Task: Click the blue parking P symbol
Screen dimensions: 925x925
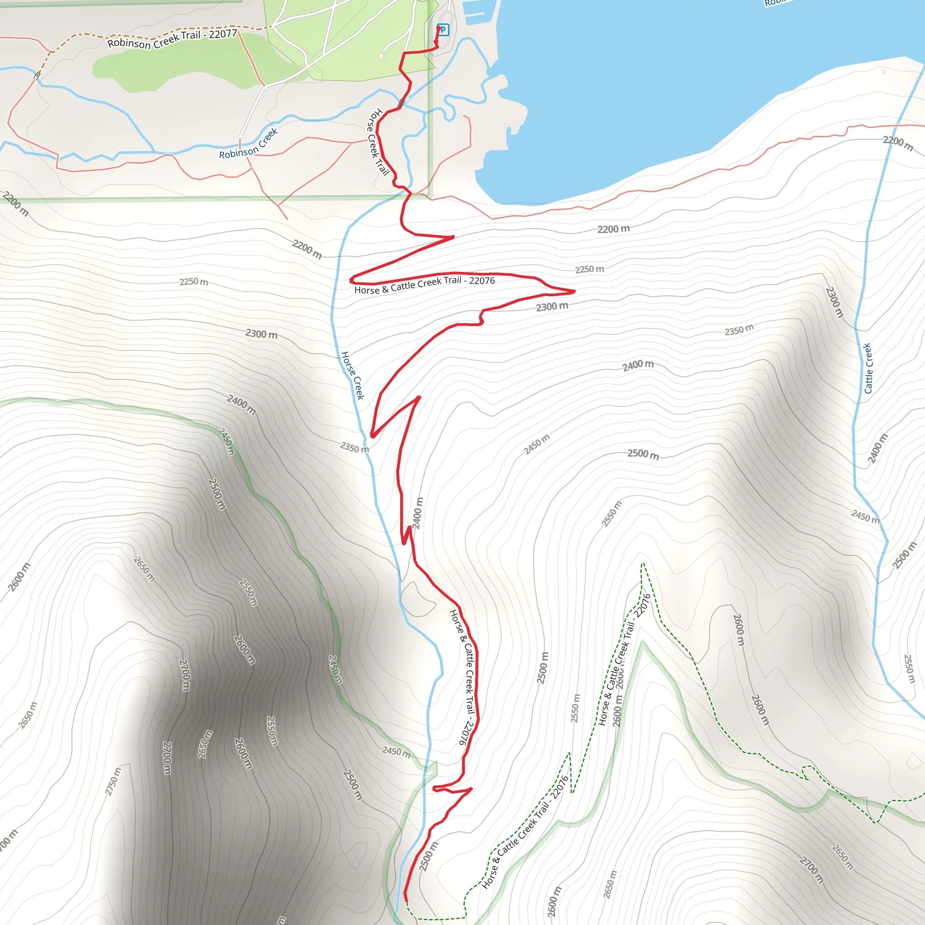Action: [444, 30]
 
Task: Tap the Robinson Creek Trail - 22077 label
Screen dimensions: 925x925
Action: [173, 39]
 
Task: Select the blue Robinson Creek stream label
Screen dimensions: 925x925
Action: [248, 144]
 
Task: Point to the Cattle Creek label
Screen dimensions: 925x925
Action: [868, 368]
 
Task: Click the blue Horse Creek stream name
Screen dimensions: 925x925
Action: [353, 376]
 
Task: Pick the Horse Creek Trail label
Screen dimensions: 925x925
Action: [378, 141]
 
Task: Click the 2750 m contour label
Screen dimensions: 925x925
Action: [113, 781]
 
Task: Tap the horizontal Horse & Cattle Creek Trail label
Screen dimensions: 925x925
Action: [424, 285]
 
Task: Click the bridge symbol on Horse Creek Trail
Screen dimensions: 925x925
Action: [401, 103]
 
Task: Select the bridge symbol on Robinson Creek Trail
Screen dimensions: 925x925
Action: [37, 75]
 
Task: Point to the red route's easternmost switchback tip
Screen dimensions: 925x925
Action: [574, 290]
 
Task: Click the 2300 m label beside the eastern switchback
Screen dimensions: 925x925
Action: [552, 306]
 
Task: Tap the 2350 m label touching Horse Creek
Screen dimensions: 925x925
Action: [354, 448]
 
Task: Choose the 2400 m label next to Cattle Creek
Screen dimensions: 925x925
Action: [878, 448]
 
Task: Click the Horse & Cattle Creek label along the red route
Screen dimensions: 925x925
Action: [462, 677]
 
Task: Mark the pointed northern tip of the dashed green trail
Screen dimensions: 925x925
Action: [643, 565]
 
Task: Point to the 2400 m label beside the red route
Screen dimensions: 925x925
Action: [418, 513]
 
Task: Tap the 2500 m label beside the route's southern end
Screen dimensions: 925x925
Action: [429, 856]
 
